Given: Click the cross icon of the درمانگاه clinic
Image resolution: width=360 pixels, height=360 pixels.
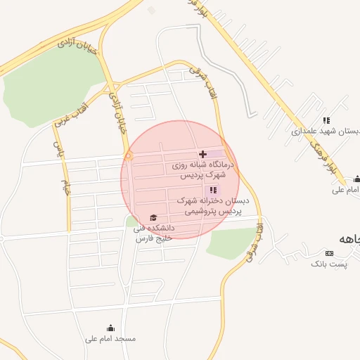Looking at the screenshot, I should click(x=203, y=154).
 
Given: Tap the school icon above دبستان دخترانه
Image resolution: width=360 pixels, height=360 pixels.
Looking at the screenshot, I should click(x=213, y=190).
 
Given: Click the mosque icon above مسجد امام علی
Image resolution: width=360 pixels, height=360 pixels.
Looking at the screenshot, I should click(x=110, y=328).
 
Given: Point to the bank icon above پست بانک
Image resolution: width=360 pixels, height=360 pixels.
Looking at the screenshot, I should click(x=328, y=252).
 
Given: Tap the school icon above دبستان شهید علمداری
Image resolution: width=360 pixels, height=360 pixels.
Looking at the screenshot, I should click(x=326, y=120).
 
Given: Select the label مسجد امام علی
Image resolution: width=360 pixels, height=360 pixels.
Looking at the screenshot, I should click(x=110, y=339).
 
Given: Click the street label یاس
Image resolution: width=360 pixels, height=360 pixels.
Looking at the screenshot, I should click(x=58, y=147).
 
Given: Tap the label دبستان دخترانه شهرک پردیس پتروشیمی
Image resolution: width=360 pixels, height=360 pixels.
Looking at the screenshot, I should click(x=209, y=206).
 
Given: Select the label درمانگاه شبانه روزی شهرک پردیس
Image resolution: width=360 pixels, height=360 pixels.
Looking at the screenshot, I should click(x=202, y=169).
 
